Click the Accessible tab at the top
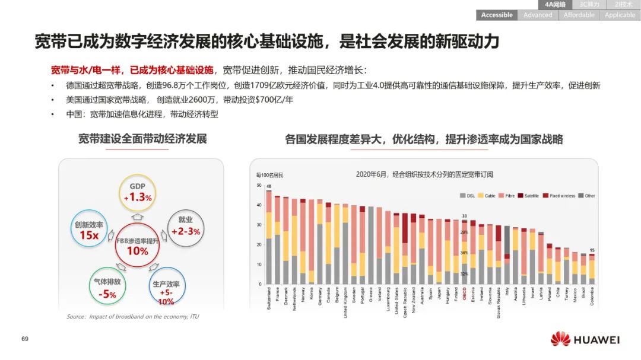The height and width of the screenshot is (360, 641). (497, 15)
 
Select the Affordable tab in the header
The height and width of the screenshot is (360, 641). (579, 15)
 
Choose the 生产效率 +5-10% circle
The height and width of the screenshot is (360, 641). (166, 287)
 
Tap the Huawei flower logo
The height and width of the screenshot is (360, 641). (560, 339)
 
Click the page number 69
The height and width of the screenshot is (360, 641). (25, 339)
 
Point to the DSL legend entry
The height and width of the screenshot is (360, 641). (468, 196)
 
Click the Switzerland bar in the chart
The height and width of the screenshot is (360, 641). (269, 237)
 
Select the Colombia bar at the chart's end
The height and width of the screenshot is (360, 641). (592, 270)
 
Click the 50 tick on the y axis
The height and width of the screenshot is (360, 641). (259, 186)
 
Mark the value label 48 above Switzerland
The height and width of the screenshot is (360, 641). (269, 187)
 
